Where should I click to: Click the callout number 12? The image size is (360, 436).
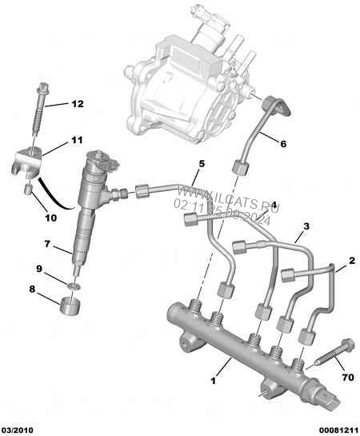point(77,104)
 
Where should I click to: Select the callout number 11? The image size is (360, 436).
point(76,140)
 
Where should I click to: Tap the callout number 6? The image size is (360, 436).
point(282,143)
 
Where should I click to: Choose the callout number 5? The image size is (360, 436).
point(202,164)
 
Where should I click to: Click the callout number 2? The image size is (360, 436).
point(350,260)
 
